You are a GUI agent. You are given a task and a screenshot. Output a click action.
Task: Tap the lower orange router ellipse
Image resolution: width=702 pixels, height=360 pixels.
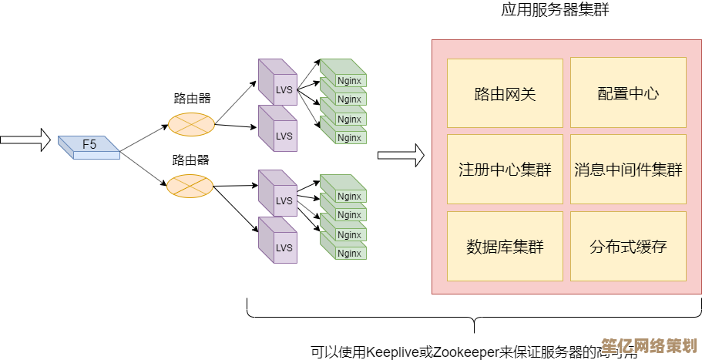(190, 186)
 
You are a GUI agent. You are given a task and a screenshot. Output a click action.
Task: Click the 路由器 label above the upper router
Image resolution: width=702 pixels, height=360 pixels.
(192, 99)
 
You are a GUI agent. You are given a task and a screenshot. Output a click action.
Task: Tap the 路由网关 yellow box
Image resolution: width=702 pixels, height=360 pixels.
(505, 93)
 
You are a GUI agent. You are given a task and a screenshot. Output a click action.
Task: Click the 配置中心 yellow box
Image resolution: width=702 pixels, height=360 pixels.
(628, 93)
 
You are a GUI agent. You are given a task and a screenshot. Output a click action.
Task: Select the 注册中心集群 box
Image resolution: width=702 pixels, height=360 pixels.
(505, 170)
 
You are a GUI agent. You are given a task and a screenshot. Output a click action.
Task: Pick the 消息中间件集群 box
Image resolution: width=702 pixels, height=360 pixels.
(628, 170)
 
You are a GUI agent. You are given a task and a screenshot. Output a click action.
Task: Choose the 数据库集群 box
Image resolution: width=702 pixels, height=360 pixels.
(505, 247)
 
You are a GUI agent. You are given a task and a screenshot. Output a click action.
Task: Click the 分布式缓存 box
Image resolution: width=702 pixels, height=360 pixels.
(628, 247)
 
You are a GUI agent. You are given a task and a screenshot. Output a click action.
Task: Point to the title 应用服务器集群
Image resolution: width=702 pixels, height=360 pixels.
(550, 10)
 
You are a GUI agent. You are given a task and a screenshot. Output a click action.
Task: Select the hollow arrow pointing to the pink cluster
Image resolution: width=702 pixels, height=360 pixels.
(401, 155)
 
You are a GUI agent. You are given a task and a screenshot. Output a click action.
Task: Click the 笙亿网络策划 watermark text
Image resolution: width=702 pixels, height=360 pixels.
(649, 344)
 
